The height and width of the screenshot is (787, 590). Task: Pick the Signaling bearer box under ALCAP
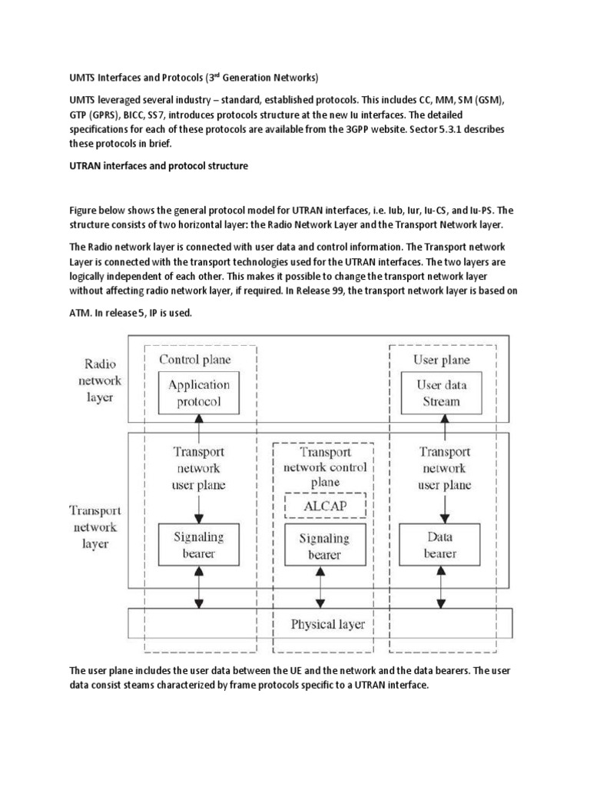click(x=321, y=545)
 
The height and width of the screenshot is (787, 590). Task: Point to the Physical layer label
click(x=327, y=623)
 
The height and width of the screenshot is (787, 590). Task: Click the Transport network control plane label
click(x=325, y=467)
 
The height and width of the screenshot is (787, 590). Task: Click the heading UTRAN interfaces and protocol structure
click(x=159, y=166)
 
